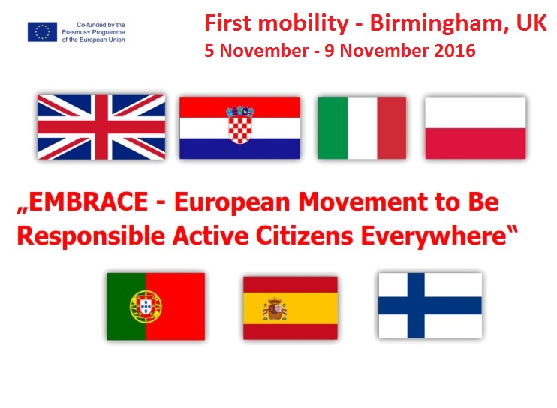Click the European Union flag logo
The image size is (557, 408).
tap(42, 32)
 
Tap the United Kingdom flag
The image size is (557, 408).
tap(101, 127)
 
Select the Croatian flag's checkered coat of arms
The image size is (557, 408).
tap(240, 124)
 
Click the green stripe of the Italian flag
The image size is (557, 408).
tap(333, 127)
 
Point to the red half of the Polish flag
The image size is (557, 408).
tap(475, 143)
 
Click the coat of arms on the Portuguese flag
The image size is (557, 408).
tap(146, 306)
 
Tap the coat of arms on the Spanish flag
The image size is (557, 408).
tap(275, 309)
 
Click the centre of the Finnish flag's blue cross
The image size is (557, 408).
tap(416, 306)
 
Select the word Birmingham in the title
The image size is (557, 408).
tap(438, 24)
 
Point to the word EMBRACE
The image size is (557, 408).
tap(88, 202)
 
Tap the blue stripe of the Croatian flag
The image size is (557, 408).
tap(239, 148)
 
